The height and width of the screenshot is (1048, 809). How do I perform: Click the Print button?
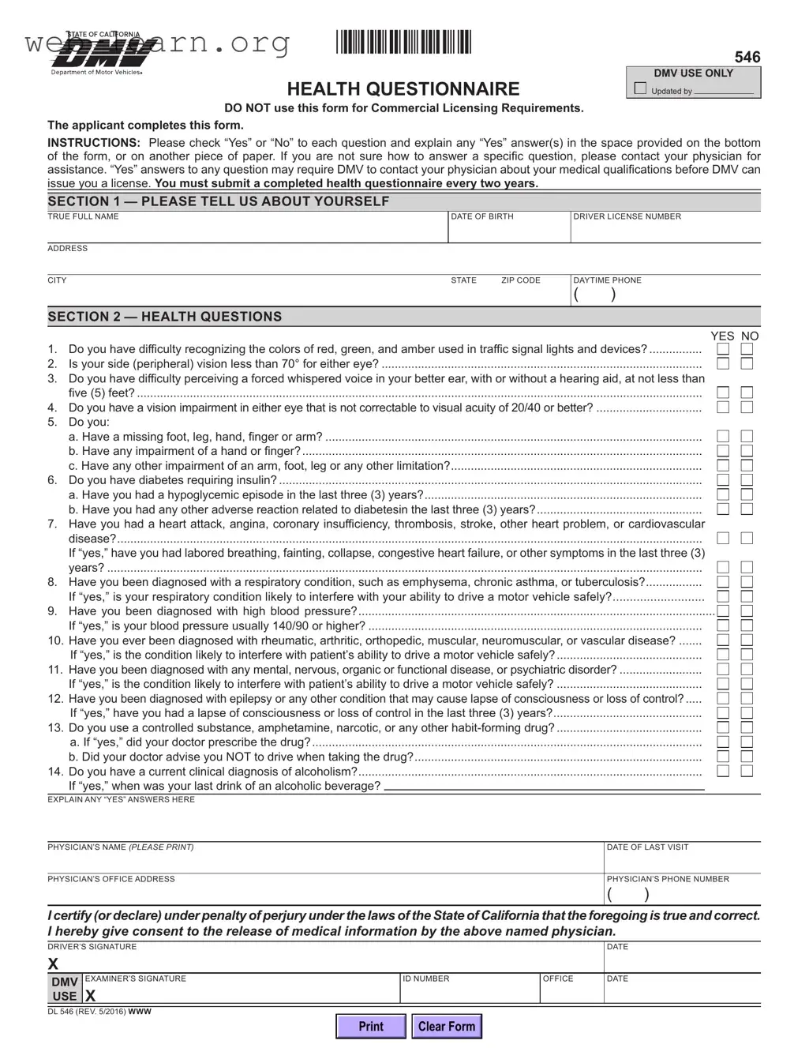tap(370, 1026)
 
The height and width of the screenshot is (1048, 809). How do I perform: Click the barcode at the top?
tap(403, 42)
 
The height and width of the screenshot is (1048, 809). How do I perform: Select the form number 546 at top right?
tap(747, 57)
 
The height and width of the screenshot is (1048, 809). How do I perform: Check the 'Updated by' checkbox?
tap(640, 89)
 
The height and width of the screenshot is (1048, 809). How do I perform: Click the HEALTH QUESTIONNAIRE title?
tap(403, 88)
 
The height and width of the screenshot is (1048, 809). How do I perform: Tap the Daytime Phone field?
tap(665, 295)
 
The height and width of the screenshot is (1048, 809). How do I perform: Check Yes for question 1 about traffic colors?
tap(723, 349)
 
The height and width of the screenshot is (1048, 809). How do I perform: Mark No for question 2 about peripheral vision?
tap(747, 364)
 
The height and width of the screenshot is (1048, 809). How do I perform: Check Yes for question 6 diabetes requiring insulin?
tap(723, 480)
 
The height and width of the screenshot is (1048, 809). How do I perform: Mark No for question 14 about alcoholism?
tap(747, 771)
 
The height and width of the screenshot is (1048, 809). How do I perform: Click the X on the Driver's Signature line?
tap(54, 963)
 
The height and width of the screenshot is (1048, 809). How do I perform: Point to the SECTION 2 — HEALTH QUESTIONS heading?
tap(164, 317)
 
